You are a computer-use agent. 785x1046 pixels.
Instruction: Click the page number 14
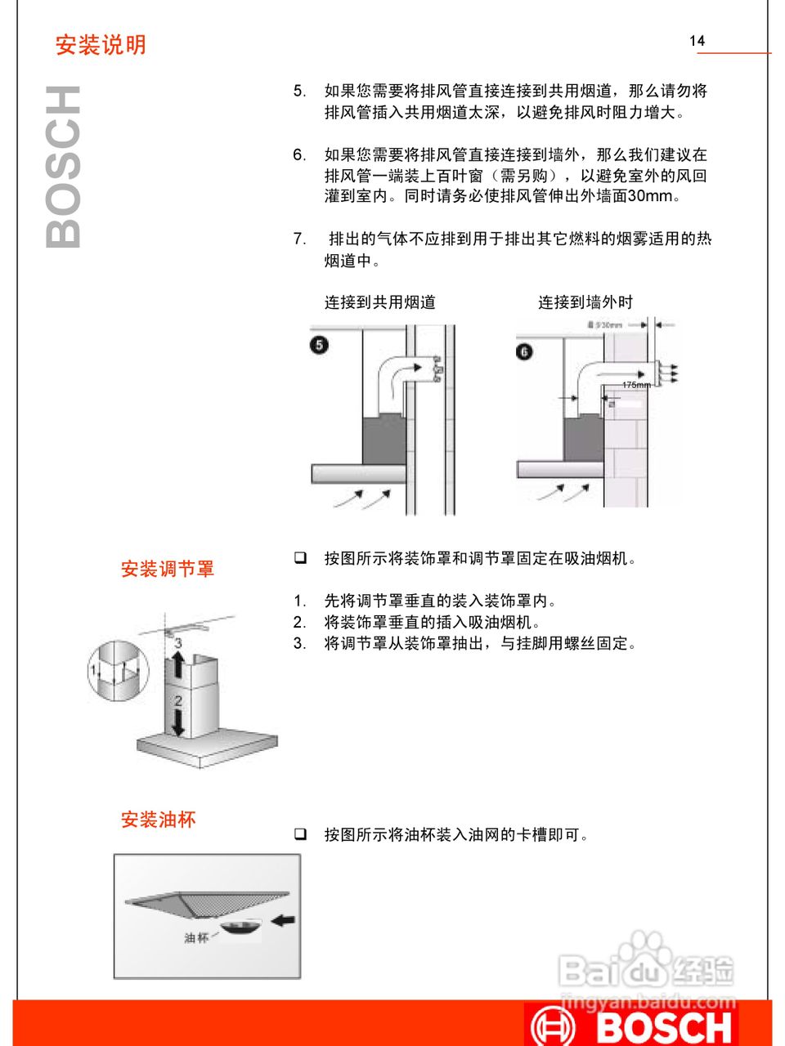click(697, 41)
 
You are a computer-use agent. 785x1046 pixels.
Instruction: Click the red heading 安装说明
click(101, 45)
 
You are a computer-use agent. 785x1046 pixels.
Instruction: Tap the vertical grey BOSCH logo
click(64, 167)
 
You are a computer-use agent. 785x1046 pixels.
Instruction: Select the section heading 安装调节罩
click(168, 569)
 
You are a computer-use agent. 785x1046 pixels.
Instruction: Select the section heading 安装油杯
click(159, 820)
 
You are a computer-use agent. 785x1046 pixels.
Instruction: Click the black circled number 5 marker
click(319, 345)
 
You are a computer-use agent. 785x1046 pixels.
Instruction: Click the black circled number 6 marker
click(524, 351)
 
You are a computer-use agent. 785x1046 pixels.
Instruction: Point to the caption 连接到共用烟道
click(379, 302)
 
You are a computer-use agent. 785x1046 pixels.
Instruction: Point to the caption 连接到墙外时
click(585, 302)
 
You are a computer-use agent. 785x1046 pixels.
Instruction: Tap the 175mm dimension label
click(636, 385)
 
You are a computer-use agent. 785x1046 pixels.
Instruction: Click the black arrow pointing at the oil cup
click(283, 920)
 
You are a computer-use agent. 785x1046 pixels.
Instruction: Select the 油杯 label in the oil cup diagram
click(196, 938)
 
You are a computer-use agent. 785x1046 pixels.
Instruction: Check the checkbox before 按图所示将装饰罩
click(301, 558)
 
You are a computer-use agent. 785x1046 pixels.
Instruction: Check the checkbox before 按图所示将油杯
click(301, 834)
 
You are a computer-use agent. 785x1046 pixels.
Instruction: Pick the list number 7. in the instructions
click(299, 239)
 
